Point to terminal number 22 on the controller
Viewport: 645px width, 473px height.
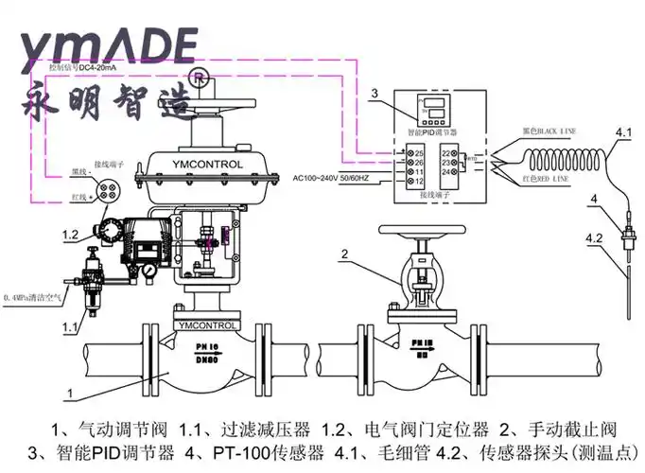coord(445,152)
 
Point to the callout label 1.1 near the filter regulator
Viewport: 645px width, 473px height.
coord(70,326)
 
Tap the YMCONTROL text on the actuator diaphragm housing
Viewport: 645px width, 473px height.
coord(208,165)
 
